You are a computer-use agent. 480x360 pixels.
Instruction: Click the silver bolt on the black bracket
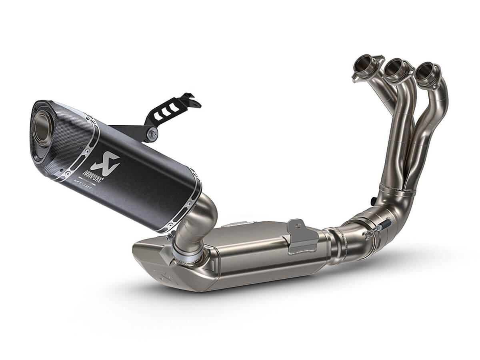click(x=152, y=134)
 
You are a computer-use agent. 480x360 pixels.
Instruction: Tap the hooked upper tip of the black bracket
click(x=188, y=96)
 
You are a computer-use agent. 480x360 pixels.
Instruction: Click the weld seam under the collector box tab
click(x=303, y=251)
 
